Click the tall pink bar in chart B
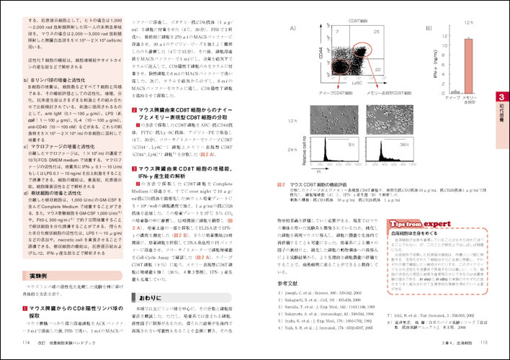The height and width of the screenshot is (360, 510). pyautogui.click(x=468, y=64)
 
